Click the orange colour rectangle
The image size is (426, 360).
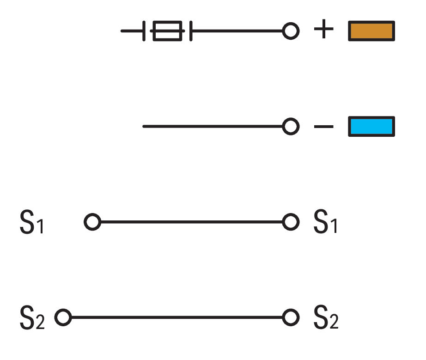(x=371, y=31)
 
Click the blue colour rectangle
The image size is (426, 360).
(x=371, y=127)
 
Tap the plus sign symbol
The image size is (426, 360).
(x=323, y=29)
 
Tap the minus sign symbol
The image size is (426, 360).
(x=323, y=127)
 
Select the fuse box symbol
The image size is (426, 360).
(x=167, y=31)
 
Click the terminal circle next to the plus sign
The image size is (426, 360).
(x=291, y=31)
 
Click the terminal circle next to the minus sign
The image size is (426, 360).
(x=291, y=127)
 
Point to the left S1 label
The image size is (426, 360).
(x=32, y=222)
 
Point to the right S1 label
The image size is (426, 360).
(x=325, y=221)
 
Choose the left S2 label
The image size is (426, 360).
(x=32, y=317)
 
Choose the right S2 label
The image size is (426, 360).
(x=326, y=317)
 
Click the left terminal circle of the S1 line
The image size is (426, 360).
(x=92, y=222)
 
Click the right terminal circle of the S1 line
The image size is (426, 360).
(x=291, y=222)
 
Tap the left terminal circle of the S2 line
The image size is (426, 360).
(x=63, y=317)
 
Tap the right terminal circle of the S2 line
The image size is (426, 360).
(x=291, y=317)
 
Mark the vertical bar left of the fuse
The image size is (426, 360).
(x=144, y=31)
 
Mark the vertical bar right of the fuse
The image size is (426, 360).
(x=191, y=31)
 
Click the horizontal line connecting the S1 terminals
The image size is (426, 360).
(x=192, y=222)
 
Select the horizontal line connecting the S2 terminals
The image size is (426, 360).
(x=177, y=317)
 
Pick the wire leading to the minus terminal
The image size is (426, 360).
(x=213, y=127)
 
